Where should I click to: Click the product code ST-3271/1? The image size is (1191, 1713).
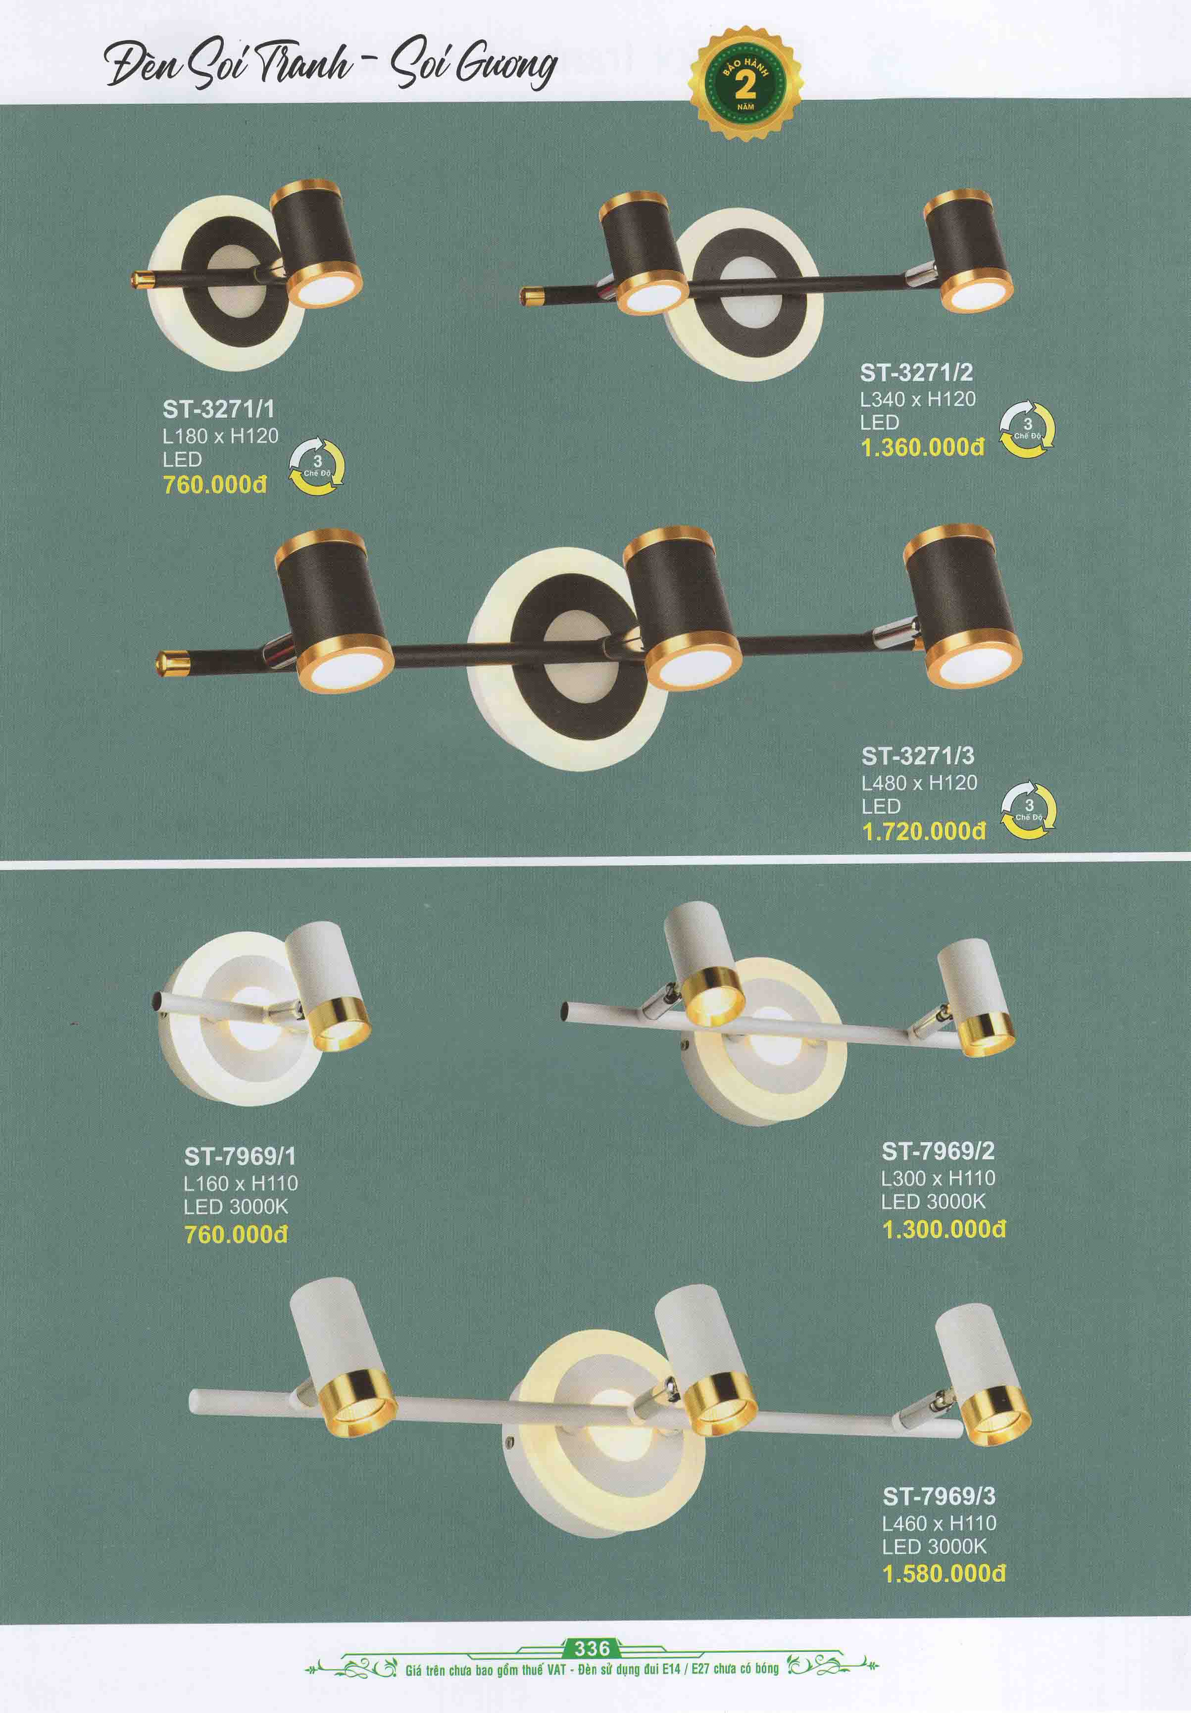pyautogui.click(x=219, y=410)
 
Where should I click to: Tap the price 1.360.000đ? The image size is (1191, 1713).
pyautogui.click(x=922, y=447)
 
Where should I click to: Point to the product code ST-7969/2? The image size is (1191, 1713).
pyautogui.click(x=938, y=1151)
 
